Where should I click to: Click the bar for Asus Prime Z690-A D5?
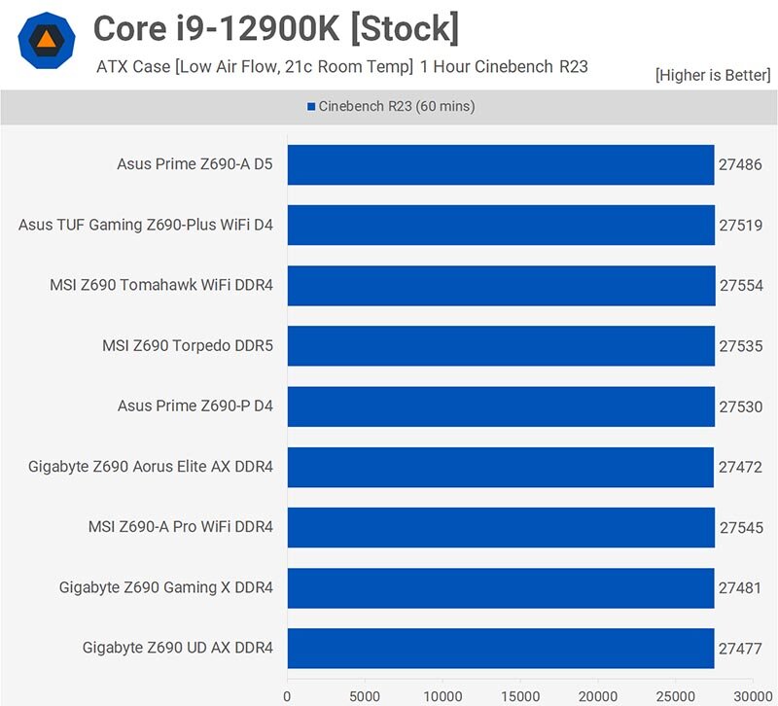coord(501,164)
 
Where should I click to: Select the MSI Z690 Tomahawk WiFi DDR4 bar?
coord(501,286)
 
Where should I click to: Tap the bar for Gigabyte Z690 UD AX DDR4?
coord(501,649)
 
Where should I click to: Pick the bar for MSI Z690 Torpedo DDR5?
coord(501,346)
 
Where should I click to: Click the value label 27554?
coord(741,286)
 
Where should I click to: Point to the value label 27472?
coord(741,468)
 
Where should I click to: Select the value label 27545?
coord(741,528)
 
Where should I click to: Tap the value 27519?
coord(741,226)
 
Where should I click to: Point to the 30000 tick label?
coord(752,696)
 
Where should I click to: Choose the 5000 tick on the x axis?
coord(365,696)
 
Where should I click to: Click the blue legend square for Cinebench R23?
coord(311,107)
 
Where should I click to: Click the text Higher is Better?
coord(715,75)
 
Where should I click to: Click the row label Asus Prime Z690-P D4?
coord(194,406)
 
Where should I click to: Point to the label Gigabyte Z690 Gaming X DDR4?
coord(165,588)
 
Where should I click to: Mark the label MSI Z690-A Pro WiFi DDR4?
coord(180,528)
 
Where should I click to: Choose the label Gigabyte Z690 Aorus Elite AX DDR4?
coord(151,468)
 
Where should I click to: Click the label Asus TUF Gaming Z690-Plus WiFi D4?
coord(146,226)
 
